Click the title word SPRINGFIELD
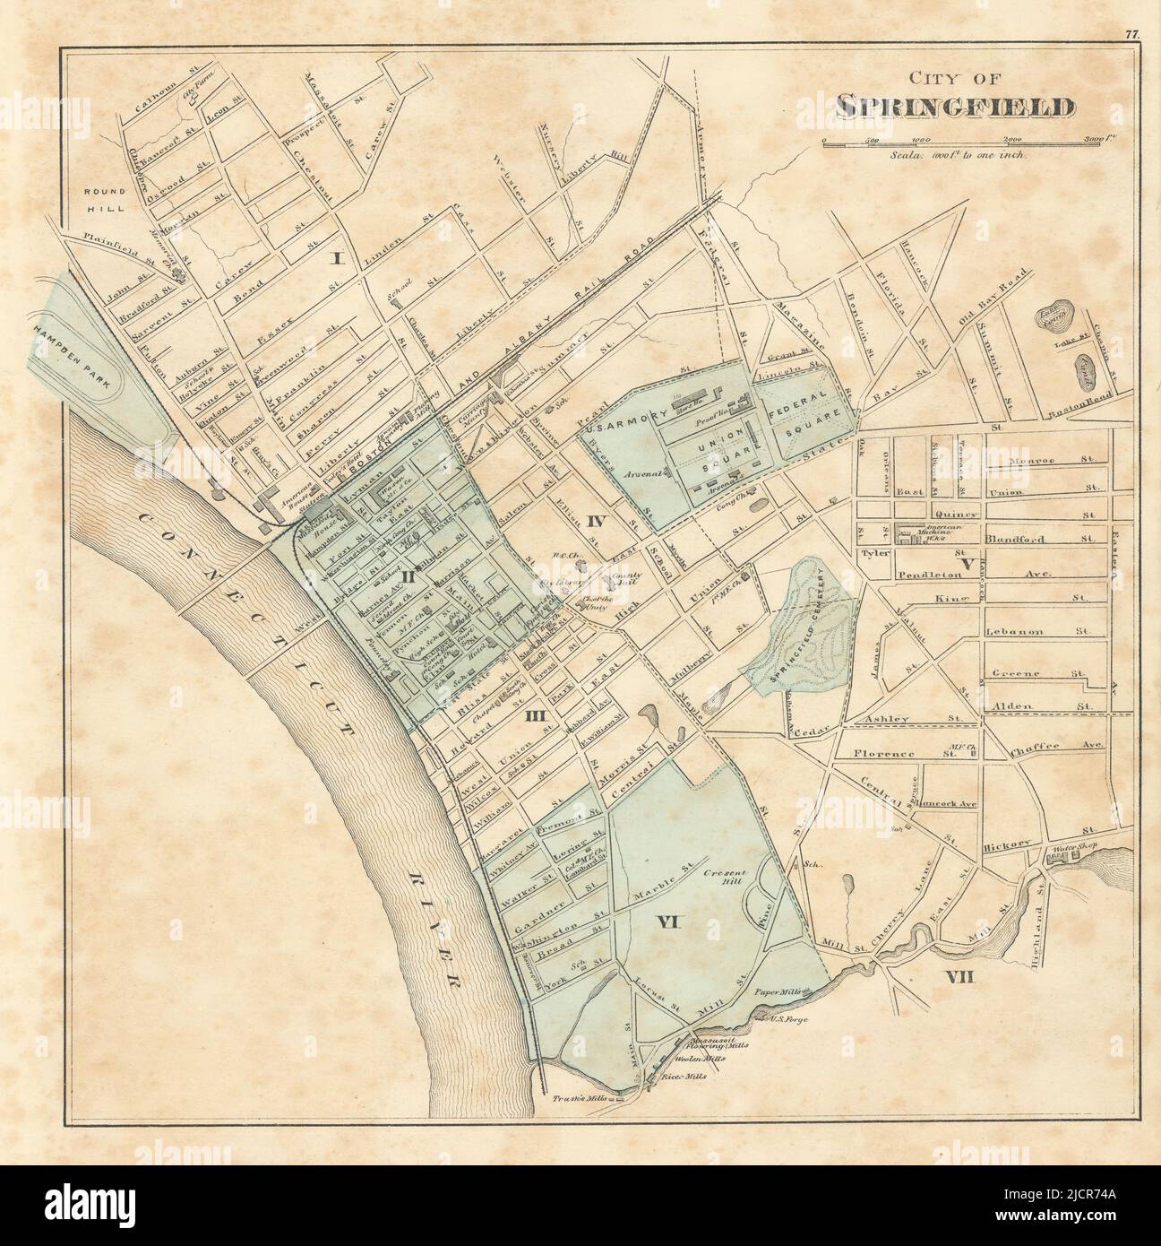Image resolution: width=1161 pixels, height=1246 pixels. click(955, 106)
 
